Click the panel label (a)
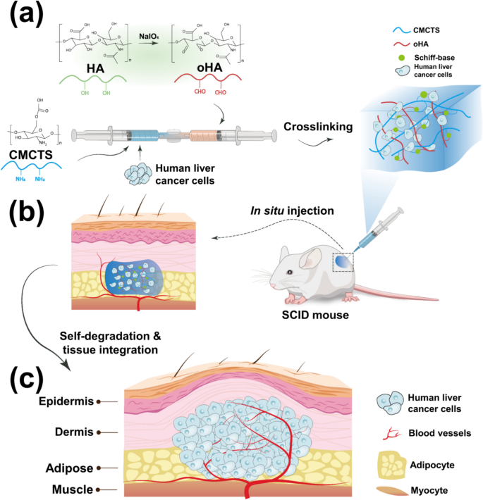32,15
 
